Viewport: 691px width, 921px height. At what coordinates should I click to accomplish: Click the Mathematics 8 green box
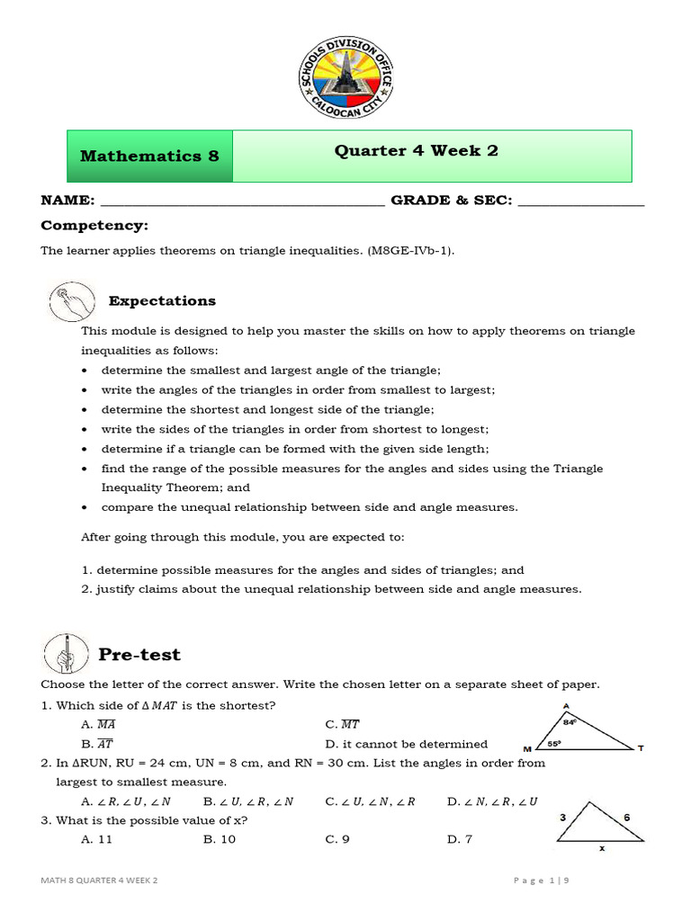coord(150,156)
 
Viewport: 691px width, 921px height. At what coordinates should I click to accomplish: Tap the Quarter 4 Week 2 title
coord(417,150)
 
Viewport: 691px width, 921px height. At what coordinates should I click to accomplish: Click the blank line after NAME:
coord(242,201)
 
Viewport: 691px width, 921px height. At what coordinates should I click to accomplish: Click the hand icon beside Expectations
coord(71,301)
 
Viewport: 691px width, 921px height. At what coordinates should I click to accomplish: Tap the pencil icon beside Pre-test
coord(66,654)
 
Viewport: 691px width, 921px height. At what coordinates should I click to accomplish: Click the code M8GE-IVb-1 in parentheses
coord(408,251)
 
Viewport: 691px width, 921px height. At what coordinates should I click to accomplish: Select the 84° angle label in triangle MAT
coord(569,721)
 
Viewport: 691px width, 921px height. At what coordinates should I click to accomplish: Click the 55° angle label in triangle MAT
coord(555,744)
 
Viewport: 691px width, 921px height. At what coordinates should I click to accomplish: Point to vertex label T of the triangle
coord(641,748)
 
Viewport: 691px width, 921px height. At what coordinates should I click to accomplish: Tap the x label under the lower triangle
coord(601,847)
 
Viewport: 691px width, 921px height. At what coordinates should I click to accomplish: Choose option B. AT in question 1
coord(96,744)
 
